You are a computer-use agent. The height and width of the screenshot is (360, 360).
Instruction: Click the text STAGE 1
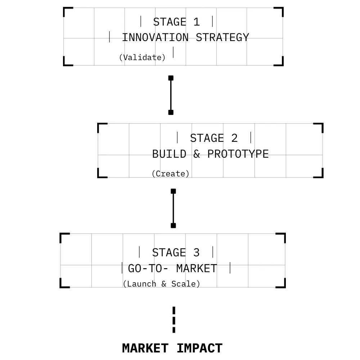pos(176,22)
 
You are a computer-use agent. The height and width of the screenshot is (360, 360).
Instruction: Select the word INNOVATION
pos(155,37)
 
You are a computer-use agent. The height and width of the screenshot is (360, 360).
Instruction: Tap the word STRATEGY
pos(222,37)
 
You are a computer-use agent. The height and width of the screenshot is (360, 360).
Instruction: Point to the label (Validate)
pos(143,57)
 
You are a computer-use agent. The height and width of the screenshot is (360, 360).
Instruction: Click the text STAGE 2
pos(214,138)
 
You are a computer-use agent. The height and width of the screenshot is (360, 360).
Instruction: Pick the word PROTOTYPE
pos(238,154)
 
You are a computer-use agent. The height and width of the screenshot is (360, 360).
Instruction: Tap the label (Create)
pos(170,174)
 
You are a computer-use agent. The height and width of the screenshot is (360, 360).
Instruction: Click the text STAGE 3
pos(176,253)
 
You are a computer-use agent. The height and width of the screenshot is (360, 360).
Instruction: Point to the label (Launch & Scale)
pos(161,284)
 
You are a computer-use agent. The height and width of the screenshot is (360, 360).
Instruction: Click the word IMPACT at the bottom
pos(199,348)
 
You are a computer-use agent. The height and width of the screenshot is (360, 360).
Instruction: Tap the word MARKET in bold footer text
pos(145,348)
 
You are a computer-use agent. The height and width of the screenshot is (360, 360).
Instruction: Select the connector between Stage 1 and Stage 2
pos(171,95)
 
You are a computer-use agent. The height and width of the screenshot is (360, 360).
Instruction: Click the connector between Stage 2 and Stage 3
pos(173,208)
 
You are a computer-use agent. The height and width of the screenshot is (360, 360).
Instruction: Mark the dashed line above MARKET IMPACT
pos(174,320)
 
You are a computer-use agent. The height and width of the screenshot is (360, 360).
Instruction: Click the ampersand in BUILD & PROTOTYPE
pos(197,154)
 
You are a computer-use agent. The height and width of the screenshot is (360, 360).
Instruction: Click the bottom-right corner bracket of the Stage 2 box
pos(319,174)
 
